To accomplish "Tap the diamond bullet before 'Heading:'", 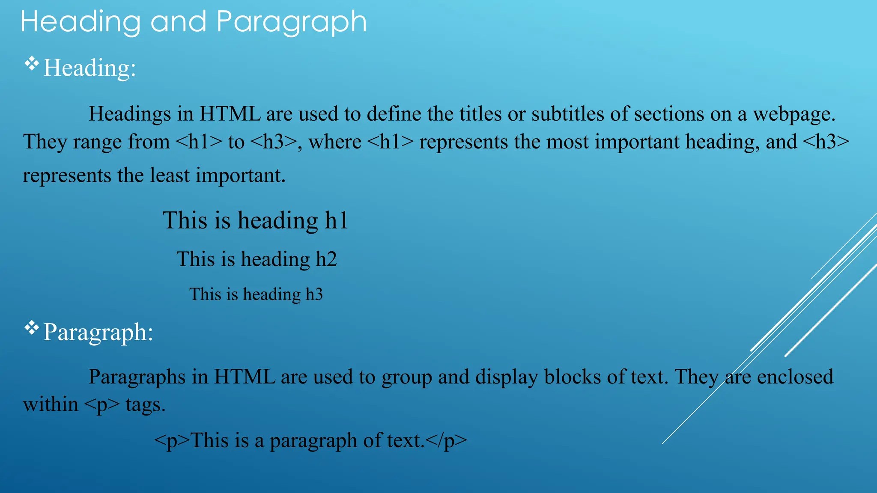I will [x=31, y=64].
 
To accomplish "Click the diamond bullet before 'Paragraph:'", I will [x=31, y=328].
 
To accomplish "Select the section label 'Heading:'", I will [x=90, y=68].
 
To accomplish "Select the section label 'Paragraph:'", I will [x=98, y=332].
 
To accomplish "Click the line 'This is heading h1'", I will [x=255, y=220].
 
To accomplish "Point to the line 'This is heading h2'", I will [x=257, y=259].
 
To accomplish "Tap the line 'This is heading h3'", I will [x=256, y=294].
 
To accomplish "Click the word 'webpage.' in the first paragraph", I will [x=794, y=114].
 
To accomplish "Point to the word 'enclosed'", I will [x=795, y=377].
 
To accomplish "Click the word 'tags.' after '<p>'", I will [x=146, y=405].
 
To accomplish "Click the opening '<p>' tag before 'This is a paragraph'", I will [x=171, y=441].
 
